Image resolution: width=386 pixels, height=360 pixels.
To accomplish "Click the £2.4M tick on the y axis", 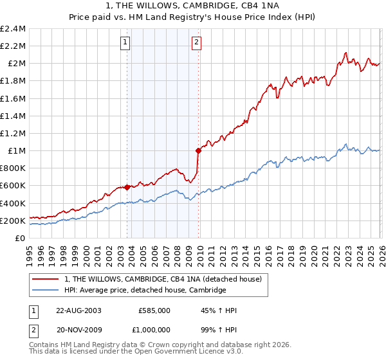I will click(x=13, y=29).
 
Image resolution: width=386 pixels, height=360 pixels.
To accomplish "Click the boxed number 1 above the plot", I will click(x=125, y=43).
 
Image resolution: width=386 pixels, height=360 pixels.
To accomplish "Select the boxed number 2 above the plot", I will click(x=196, y=43).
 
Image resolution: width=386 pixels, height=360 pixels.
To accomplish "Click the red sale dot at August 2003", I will click(x=127, y=187).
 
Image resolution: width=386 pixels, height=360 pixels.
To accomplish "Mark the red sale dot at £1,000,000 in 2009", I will click(x=198, y=151).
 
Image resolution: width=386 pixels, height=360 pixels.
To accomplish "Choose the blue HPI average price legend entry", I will click(x=145, y=291).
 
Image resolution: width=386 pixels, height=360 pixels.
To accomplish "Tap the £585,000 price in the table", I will click(x=154, y=310).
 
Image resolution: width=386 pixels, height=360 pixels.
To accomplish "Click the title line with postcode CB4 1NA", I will click(x=192, y=6).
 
